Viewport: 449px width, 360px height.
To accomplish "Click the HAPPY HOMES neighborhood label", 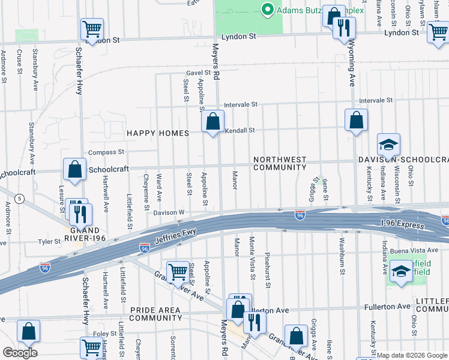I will pos(157,133).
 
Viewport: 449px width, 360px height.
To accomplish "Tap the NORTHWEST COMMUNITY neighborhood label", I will pos(280,164).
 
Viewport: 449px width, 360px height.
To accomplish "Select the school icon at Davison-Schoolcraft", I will pos(388,145).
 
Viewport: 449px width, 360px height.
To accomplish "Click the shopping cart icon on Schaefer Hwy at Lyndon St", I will pos(92,28).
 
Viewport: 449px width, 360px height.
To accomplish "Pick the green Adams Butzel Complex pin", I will pos(266,10).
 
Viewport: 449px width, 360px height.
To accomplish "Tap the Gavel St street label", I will pos(197,73).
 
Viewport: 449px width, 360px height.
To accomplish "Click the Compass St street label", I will pos(106,152).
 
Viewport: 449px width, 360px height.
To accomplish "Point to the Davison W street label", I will pos(169,212).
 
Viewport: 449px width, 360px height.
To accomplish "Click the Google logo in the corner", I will pos(20,352).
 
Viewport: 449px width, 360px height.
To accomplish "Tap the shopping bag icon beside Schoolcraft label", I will pos(75,170).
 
